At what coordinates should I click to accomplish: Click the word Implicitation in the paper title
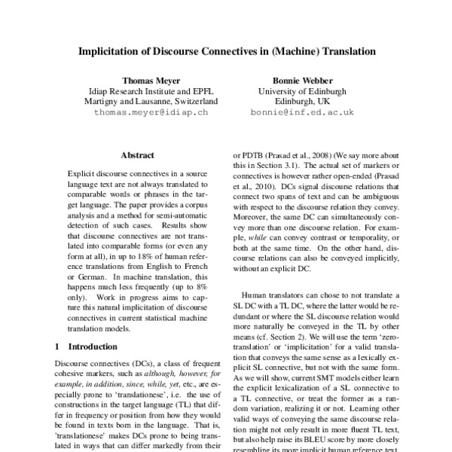119,53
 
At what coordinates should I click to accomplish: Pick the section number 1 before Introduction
60,326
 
